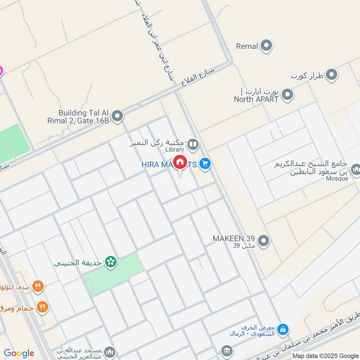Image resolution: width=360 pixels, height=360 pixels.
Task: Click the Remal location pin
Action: tap(267, 46)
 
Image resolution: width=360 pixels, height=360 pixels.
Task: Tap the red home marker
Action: tap(180, 162)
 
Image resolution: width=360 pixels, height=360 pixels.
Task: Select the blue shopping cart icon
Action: tap(205, 164)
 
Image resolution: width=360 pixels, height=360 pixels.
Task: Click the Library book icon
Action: tap(193, 144)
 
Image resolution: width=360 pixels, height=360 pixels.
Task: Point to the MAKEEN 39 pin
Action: tap(264, 241)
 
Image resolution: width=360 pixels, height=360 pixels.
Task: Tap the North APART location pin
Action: tap(288, 95)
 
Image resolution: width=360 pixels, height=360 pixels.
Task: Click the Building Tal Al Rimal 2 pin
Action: tap(117, 117)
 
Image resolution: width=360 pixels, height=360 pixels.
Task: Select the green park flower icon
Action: tap(110, 261)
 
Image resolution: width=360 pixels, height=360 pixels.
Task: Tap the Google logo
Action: tap(19, 353)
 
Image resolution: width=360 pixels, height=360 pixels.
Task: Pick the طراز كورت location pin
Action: tap(332, 75)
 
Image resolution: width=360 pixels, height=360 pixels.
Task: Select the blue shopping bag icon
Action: tap(283, 330)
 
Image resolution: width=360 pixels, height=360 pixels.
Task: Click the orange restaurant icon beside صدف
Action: tap(39, 285)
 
